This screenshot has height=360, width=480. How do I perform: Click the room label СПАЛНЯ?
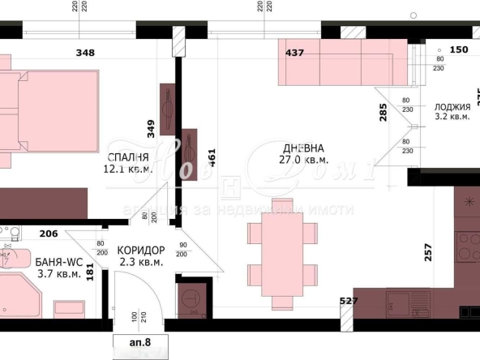click(x=127, y=156)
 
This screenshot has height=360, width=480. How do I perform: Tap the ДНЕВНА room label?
click(x=303, y=148)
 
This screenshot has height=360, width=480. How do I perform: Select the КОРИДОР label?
click(x=141, y=250)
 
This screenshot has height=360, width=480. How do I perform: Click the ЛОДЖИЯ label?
click(x=452, y=106)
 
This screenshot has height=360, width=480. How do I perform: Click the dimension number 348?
click(x=84, y=53)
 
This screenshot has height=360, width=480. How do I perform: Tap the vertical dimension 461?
click(x=212, y=156)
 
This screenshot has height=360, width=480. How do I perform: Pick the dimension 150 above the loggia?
click(x=459, y=49)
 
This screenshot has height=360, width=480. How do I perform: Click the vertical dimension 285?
click(x=383, y=112)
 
